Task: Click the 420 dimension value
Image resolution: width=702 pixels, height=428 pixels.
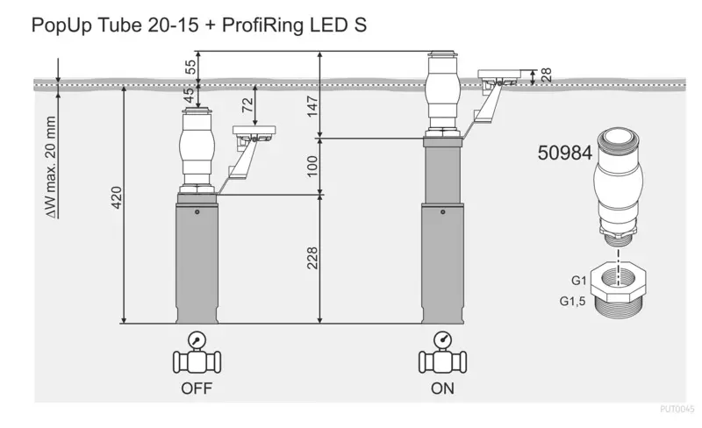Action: tap(117, 197)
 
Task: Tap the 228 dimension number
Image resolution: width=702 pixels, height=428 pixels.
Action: tap(312, 258)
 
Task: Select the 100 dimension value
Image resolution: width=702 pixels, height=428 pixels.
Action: tap(312, 166)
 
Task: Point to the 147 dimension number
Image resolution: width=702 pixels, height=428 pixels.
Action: tap(312, 106)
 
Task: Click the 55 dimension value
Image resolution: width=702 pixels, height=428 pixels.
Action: tap(190, 68)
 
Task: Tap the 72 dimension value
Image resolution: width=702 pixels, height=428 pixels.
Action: tap(247, 104)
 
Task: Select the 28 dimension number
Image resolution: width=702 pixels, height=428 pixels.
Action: tap(546, 75)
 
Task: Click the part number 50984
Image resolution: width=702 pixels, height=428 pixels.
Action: tap(564, 153)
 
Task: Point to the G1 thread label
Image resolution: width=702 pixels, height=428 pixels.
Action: tap(578, 281)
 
